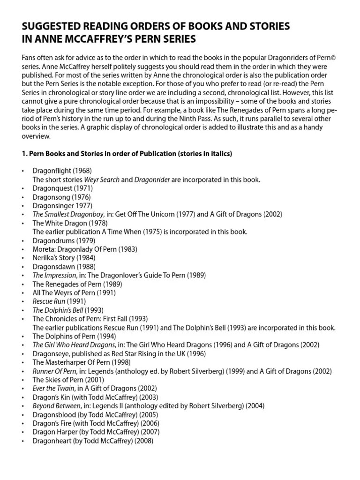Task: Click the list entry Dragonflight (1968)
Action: (x=62, y=171)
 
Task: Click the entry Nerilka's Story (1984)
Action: (x=63, y=258)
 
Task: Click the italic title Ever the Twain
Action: (x=53, y=389)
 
